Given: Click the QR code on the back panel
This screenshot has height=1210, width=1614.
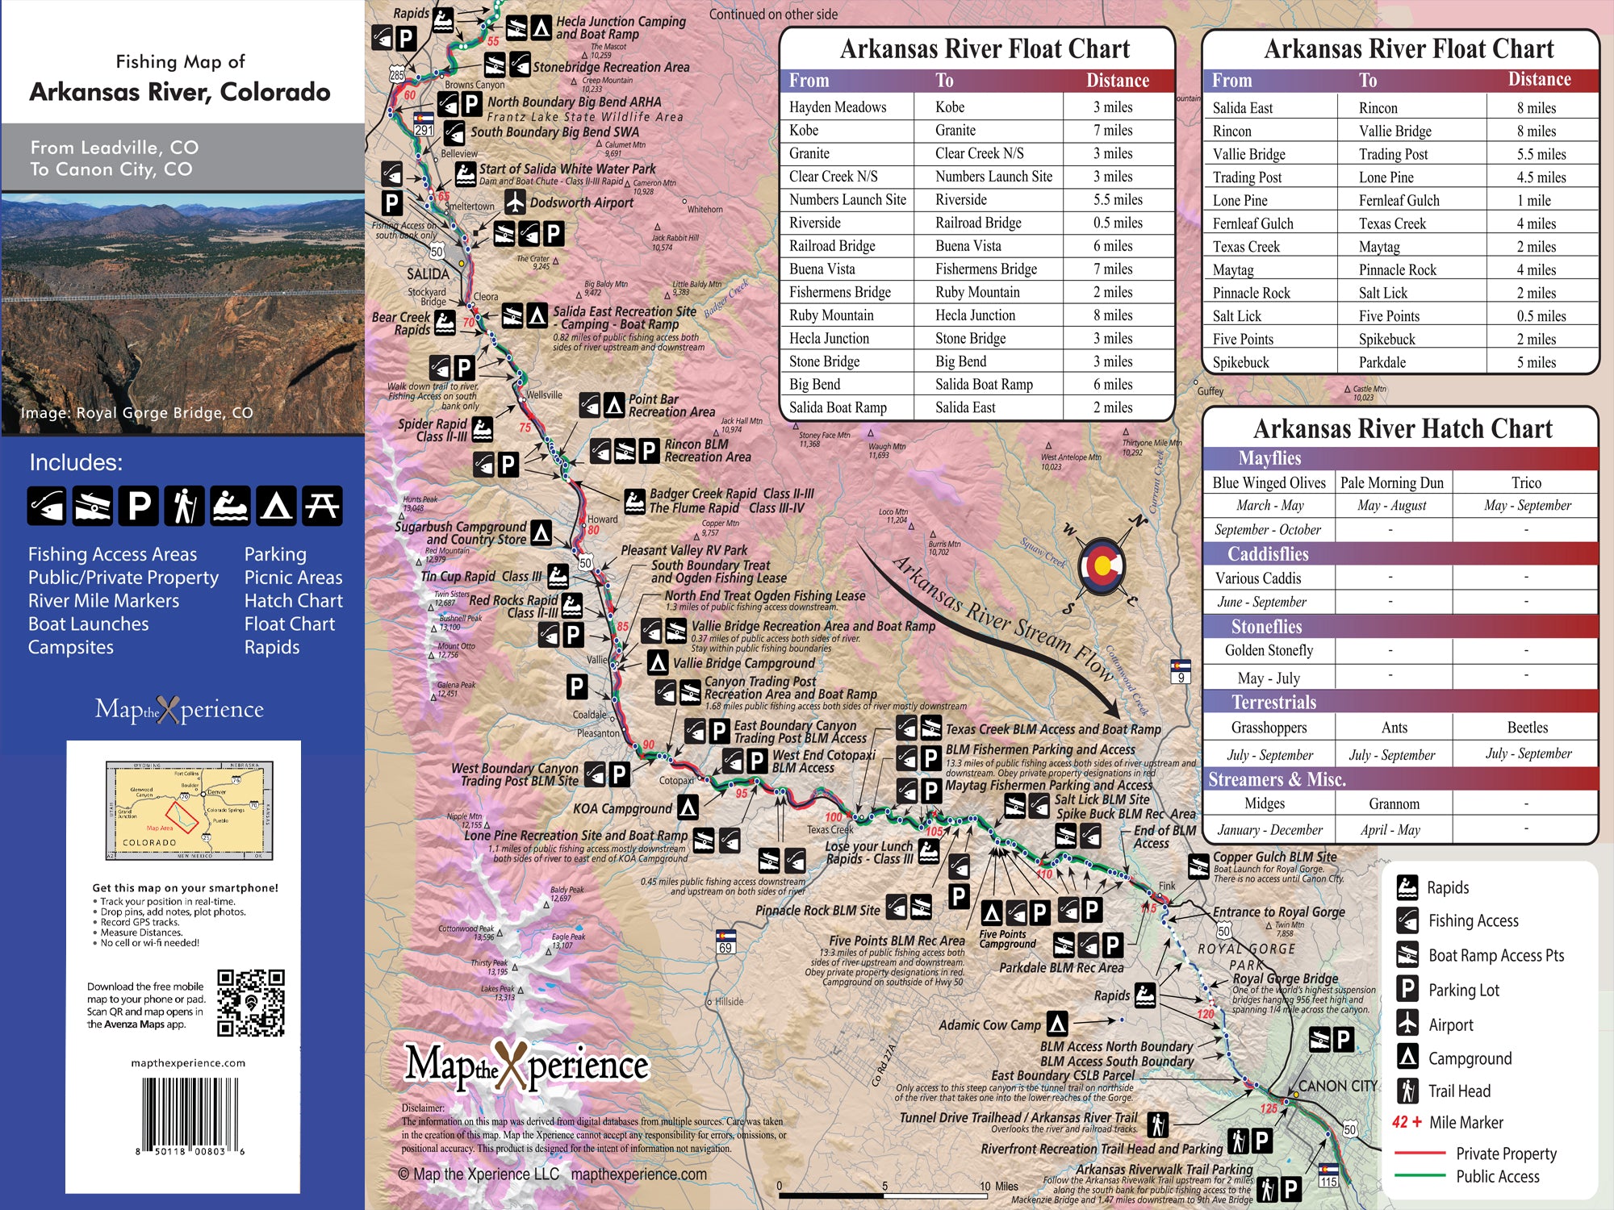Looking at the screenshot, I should (251, 1003).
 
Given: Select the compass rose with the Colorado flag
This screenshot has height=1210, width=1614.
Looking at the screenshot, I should (1102, 566).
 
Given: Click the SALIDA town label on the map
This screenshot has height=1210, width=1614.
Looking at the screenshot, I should (428, 273).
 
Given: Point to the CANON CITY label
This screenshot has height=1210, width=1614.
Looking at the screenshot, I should (1337, 1086).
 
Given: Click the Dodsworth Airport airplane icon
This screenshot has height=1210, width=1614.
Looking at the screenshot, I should (515, 202).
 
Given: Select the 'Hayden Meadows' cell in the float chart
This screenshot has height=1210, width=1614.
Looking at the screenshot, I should (838, 107).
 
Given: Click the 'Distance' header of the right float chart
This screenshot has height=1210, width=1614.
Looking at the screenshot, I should (1539, 80).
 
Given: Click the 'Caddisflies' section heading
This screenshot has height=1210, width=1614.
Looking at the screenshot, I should (1268, 553).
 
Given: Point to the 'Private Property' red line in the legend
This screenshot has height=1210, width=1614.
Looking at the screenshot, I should (1419, 1153).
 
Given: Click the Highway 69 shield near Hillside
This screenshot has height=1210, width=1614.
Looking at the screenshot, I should (725, 943).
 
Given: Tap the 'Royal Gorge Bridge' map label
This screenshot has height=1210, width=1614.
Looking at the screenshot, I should (1285, 978).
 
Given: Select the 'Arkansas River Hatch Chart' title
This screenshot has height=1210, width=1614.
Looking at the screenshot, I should (1402, 428).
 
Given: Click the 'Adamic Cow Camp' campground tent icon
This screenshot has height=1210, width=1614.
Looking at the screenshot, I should (1057, 1024).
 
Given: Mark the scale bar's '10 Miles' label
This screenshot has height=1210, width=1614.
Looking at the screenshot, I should (998, 1186).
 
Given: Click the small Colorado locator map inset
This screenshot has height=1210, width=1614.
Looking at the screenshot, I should (190, 810).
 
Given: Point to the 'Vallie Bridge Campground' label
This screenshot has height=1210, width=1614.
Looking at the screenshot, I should (743, 663).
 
